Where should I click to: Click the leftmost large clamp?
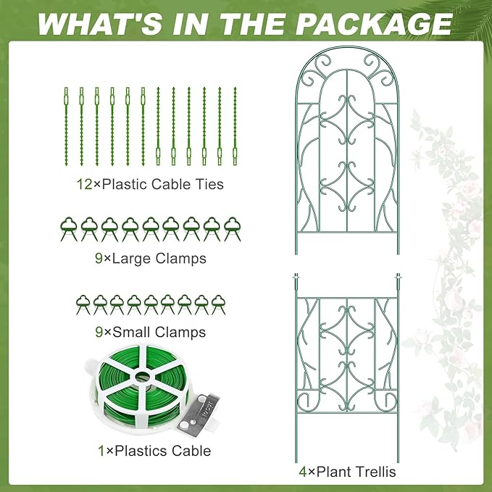tap(68, 228)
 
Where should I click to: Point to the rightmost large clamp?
tap(231, 228)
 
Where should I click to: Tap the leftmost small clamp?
tap(82, 304)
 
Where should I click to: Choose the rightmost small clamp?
tap(218, 304)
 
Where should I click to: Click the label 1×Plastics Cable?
tap(154, 451)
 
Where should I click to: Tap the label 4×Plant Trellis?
tap(347, 472)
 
